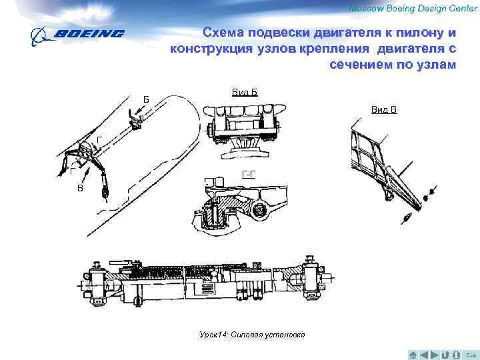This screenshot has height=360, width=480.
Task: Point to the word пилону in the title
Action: (x=417, y=33)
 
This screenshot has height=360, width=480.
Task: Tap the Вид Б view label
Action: (x=245, y=91)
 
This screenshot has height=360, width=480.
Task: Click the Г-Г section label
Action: (x=249, y=175)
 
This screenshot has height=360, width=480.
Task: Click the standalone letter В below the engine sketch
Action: (x=80, y=189)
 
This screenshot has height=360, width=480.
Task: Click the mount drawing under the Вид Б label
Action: (x=244, y=131)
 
